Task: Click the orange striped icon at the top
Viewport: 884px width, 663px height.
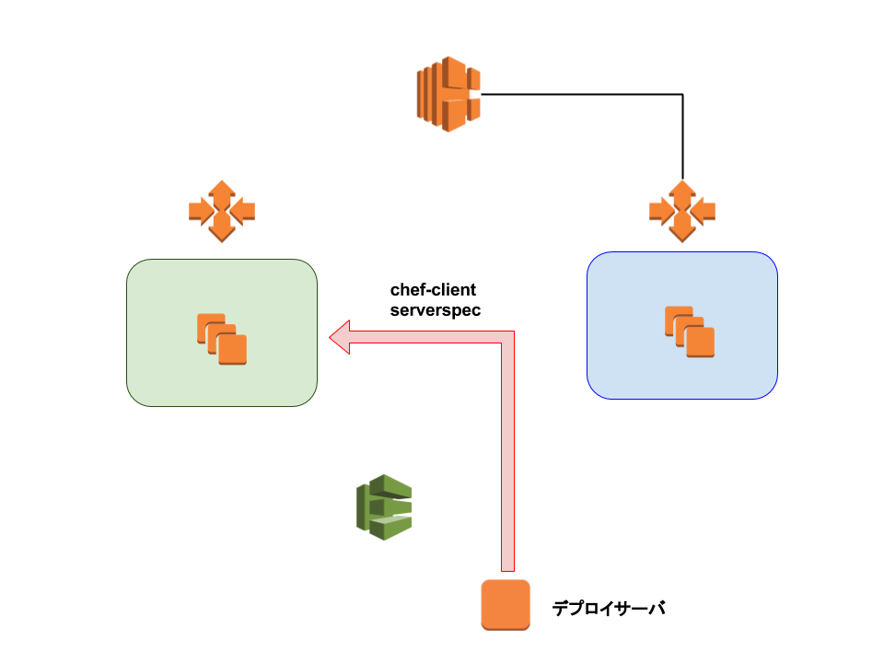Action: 448,94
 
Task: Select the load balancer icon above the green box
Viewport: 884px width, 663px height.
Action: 222,212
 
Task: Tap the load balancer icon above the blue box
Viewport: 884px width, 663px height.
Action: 682,212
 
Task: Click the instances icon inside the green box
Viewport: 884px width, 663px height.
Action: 222,339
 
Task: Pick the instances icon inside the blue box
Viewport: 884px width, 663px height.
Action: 690,331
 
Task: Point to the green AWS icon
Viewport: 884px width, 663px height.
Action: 384,507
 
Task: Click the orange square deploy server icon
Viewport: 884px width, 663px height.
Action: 506,605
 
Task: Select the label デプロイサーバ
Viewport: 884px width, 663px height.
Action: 609,609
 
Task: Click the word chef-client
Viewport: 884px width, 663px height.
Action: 433,290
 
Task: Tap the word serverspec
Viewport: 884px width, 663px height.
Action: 436,310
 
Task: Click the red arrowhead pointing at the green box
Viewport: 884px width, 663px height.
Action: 340,337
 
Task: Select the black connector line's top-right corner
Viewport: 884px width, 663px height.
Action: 682,94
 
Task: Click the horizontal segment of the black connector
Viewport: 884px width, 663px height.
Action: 581,94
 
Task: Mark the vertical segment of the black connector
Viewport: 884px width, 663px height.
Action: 682,137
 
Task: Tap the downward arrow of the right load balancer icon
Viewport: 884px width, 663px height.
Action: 682,227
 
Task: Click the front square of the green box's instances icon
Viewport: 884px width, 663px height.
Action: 232,350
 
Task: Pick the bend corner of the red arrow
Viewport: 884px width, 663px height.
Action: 508,337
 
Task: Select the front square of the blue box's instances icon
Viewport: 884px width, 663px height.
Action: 700,343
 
